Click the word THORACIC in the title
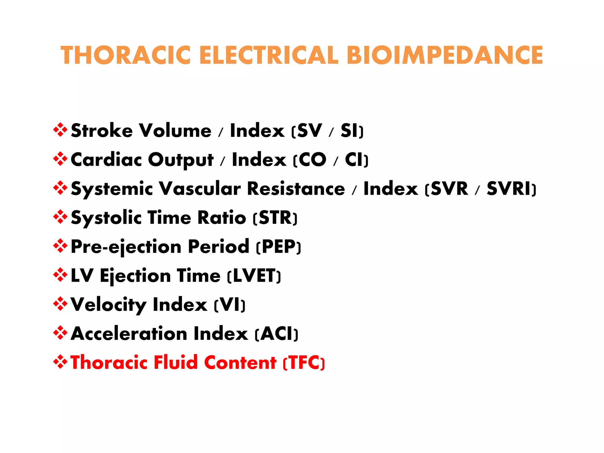point(125,55)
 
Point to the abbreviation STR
point(275,218)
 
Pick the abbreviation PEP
point(279,247)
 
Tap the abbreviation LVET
point(254,276)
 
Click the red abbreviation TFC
point(304,363)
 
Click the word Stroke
point(102,131)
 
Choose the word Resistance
point(296,188)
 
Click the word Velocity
point(108,305)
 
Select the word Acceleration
point(129,334)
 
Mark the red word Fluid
point(176,363)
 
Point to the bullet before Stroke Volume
point(60,130)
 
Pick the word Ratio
point(221,218)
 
